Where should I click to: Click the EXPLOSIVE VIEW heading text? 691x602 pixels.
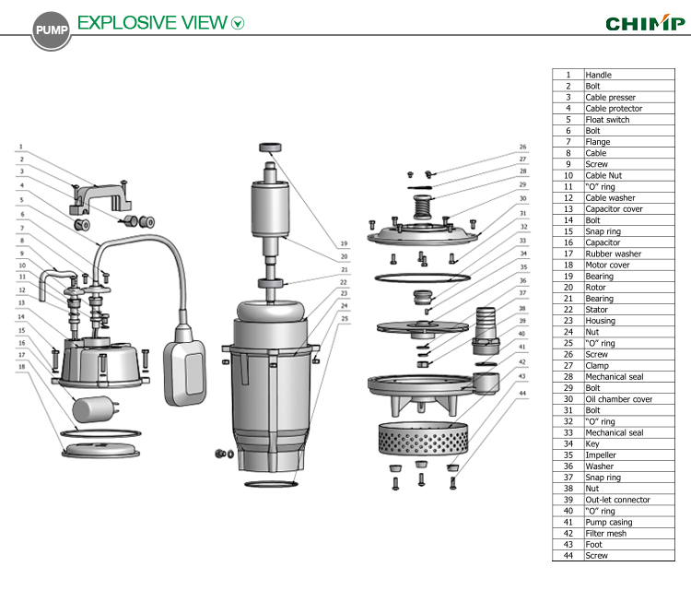[153, 22]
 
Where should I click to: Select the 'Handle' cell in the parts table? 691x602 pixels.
[598, 75]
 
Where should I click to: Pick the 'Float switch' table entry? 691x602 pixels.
[607, 120]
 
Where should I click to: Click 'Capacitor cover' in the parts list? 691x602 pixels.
[615, 209]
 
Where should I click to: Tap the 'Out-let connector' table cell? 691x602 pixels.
[616, 500]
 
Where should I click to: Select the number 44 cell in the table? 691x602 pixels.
[568, 556]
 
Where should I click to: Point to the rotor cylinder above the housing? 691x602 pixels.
[271, 207]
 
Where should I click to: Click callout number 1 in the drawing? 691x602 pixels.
[20, 146]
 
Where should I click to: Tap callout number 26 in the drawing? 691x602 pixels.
[522, 147]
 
